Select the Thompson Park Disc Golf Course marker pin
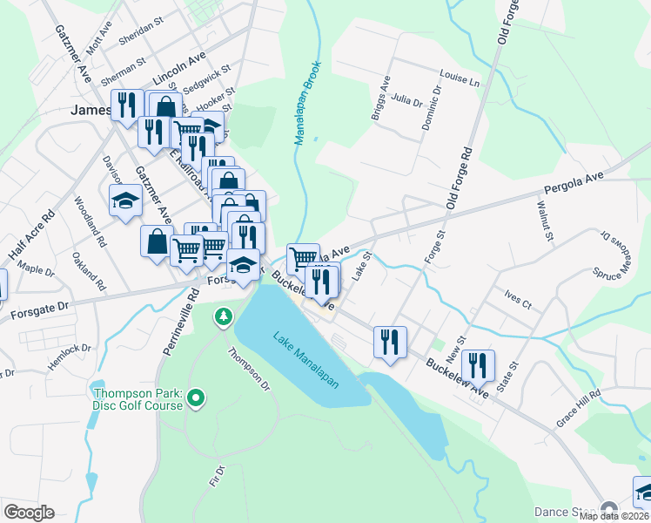196,399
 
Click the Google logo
29,513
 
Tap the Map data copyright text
614,516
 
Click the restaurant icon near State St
477,363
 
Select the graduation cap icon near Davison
125,200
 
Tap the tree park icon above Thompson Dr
225,315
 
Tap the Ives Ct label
517,299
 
